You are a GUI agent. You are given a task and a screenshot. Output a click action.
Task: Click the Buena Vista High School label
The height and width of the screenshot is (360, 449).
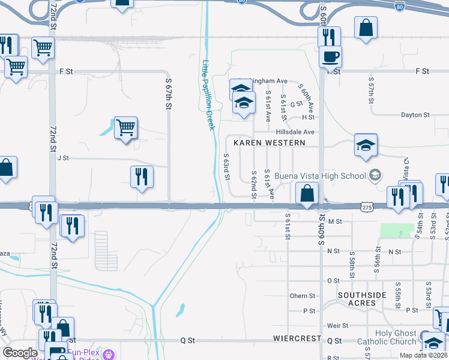click(x=320, y=176)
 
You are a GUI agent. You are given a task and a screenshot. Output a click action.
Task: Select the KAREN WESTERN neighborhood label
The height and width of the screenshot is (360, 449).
click(x=270, y=143)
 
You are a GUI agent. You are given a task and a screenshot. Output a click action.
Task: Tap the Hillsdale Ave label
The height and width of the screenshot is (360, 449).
click(x=295, y=132)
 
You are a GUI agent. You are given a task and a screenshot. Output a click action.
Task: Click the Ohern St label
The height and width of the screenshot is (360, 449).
click(x=302, y=296)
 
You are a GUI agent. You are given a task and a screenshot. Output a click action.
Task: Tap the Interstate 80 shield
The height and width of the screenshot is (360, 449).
click(x=400, y=7)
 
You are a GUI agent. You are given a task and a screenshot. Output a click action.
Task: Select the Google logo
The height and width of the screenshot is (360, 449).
click(x=20, y=353)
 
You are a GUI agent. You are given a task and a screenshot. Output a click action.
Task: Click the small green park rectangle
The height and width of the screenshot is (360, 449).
click(x=397, y=230)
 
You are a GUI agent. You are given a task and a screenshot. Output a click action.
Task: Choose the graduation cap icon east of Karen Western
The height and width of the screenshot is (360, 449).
click(x=365, y=146)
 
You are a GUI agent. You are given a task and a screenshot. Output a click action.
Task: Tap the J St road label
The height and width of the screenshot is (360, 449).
click(x=63, y=158)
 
